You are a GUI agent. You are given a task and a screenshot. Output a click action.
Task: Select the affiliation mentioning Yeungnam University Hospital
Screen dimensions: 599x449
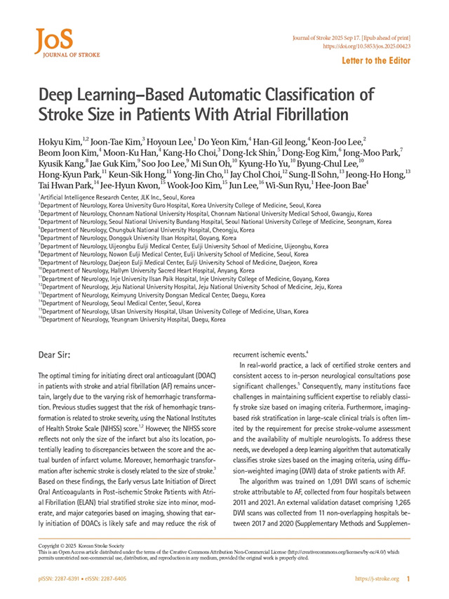pos(133,319)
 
